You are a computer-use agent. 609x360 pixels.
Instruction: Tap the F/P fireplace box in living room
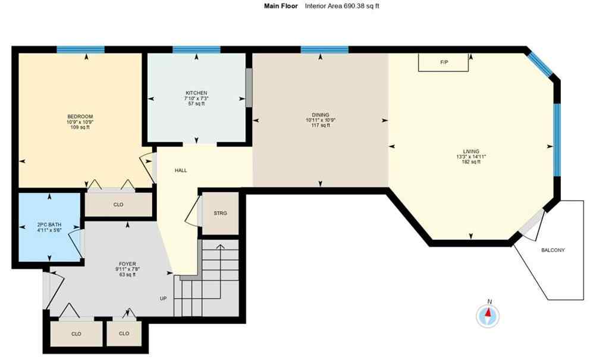(444, 62)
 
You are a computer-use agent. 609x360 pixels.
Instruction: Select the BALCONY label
(553, 250)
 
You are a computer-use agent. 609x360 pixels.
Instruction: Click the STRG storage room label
(221, 213)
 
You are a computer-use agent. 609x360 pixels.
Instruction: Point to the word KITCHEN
(196, 93)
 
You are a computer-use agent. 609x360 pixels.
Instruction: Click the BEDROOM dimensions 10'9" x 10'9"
(80, 122)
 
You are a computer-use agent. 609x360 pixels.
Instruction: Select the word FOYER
(127, 264)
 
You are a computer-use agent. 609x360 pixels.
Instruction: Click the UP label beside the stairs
(162, 298)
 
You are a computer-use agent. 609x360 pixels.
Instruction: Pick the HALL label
(181, 170)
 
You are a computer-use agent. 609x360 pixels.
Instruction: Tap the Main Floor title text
(281, 6)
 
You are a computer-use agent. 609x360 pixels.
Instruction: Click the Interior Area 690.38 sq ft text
(342, 6)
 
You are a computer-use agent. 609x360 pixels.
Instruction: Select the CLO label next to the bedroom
(118, 205)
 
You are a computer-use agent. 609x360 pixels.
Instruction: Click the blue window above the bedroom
(80, 49)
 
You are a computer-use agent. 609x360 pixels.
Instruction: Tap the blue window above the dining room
(324, 49)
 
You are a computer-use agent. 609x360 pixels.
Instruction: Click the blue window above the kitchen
(196, 49)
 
